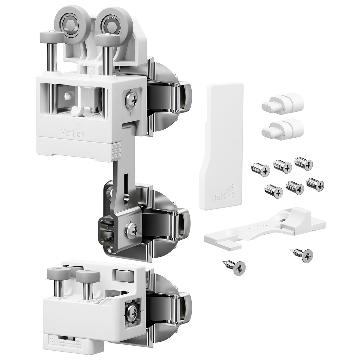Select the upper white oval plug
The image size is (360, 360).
283,104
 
